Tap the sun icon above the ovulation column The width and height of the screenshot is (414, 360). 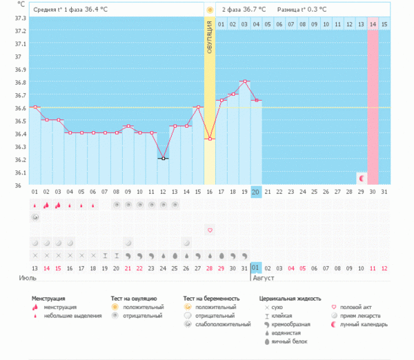[x=209, y=10]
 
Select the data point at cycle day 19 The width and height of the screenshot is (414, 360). [x=244, y=81]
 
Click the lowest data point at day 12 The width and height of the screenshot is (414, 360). [x=163, y=159]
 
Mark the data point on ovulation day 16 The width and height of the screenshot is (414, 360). [x=209, y=139]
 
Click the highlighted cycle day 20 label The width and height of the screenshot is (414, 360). [x=256, y=192]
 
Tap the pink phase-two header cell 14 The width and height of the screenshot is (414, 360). [x=373, y=25]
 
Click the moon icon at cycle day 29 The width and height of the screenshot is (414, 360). [x=361, y=179]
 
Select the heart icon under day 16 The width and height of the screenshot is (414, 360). [x=210, y=230]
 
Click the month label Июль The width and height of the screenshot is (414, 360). [x=28, y=278]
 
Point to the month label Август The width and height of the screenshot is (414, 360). [x=264, y=278]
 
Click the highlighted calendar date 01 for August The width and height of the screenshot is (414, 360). [x=256, y=268]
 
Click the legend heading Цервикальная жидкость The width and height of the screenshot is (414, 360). [x=290, y=299]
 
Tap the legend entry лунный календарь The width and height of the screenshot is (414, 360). [x=362, y=323]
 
